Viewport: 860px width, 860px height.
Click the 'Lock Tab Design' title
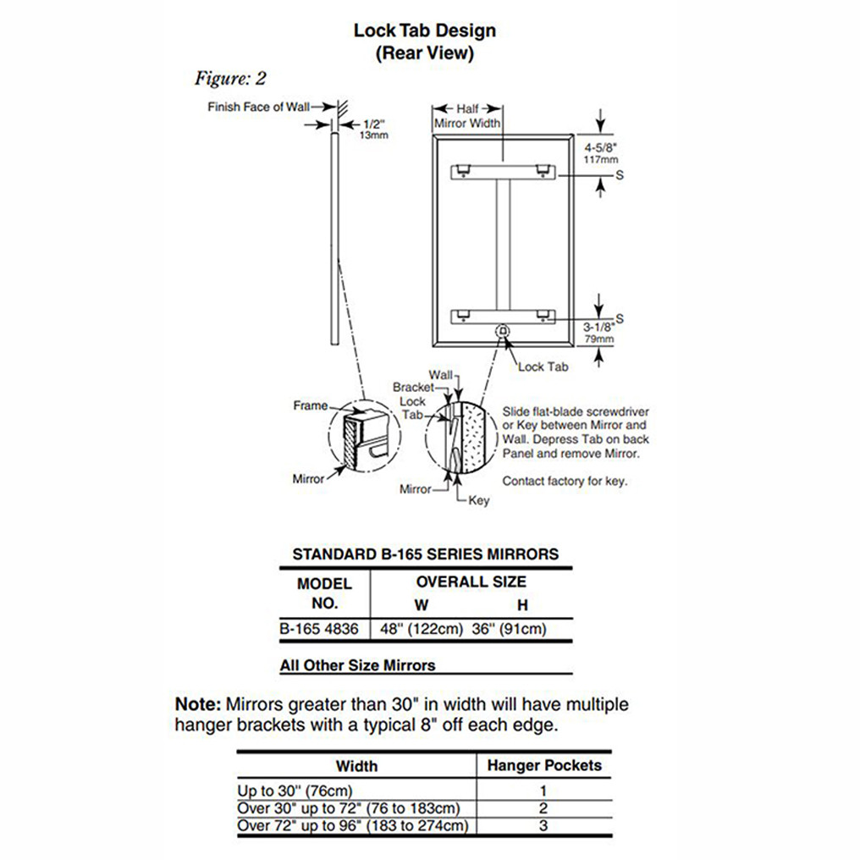click(x=424, y=31)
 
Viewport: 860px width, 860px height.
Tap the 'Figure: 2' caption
click(x=230, y=79)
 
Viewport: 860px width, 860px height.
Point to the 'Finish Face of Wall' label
click(x=258, y=107)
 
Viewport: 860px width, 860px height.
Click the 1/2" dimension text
click(x=372, y=124)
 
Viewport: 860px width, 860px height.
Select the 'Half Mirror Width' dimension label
click(x=467, y=116)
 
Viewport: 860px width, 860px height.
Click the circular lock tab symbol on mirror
click(x=501, y=329)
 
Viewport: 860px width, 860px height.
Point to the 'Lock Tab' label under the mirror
click(x=543, y=367)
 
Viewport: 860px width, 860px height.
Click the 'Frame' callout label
click(x=310, y=405)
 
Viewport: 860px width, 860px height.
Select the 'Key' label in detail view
click(x=479, y=500)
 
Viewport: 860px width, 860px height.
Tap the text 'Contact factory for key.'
click(x=565, y=481)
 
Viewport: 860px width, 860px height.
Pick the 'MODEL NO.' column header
click(x=324, y=593)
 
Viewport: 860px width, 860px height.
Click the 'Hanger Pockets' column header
click(x=544, y=765)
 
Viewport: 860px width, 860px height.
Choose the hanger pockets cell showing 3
click(x=543, y=824)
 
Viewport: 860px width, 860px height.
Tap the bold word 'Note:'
click(x=198, y=704)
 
